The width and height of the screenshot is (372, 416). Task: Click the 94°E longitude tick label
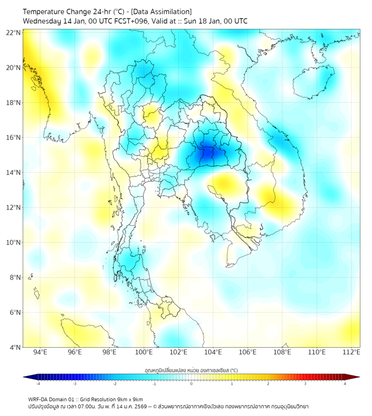40,352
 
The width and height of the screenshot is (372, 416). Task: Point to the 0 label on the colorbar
192,384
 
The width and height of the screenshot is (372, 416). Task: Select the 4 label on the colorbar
344,384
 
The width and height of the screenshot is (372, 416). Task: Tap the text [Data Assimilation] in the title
160,12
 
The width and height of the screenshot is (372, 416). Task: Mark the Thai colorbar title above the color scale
192,370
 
